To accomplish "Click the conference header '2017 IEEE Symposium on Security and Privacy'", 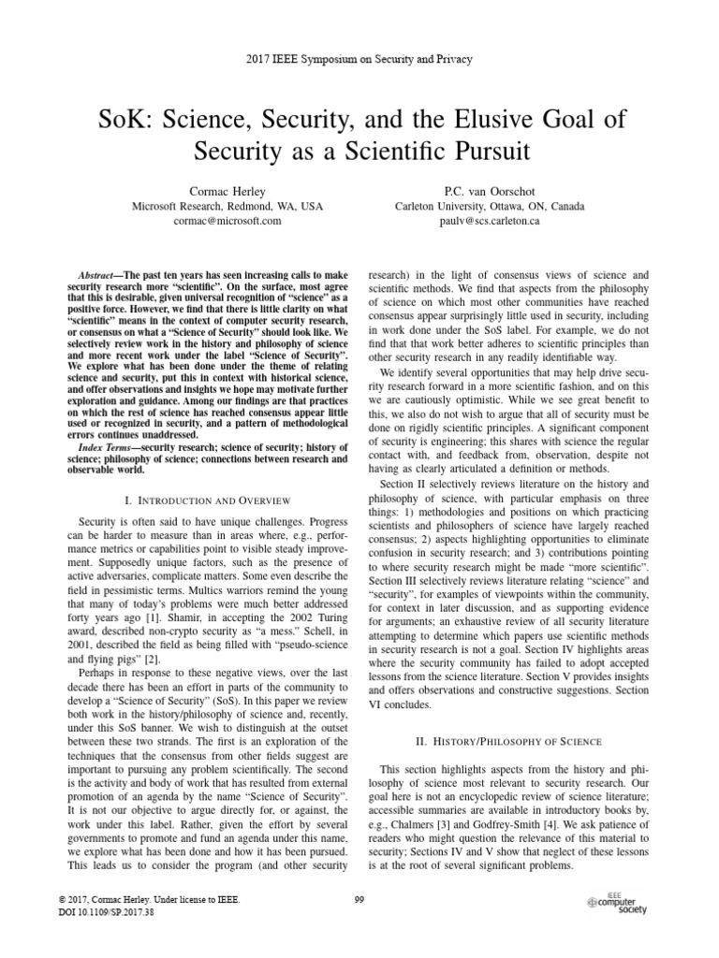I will pos(359,59).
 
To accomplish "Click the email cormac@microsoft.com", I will pos(206,221).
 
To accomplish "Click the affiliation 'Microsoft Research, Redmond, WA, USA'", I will pos(206,206).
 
